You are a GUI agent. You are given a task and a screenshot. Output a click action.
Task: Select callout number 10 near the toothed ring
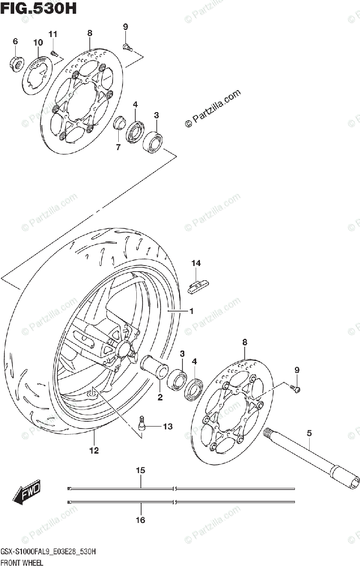point(38,43)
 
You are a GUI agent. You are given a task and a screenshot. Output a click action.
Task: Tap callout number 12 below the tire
point(94,450)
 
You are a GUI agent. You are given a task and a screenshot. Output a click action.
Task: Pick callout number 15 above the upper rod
point(141,470)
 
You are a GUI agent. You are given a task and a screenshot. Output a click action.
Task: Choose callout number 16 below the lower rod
point(141,520)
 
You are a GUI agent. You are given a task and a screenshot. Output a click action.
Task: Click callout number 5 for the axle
point(309,433)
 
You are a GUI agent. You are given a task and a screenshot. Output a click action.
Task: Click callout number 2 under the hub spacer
point(160,397)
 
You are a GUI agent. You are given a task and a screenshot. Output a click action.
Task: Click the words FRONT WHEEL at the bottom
point(22,563)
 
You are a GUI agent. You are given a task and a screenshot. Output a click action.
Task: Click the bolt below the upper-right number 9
point(127,47)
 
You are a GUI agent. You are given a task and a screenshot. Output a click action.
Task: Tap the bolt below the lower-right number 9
point(296,389)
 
